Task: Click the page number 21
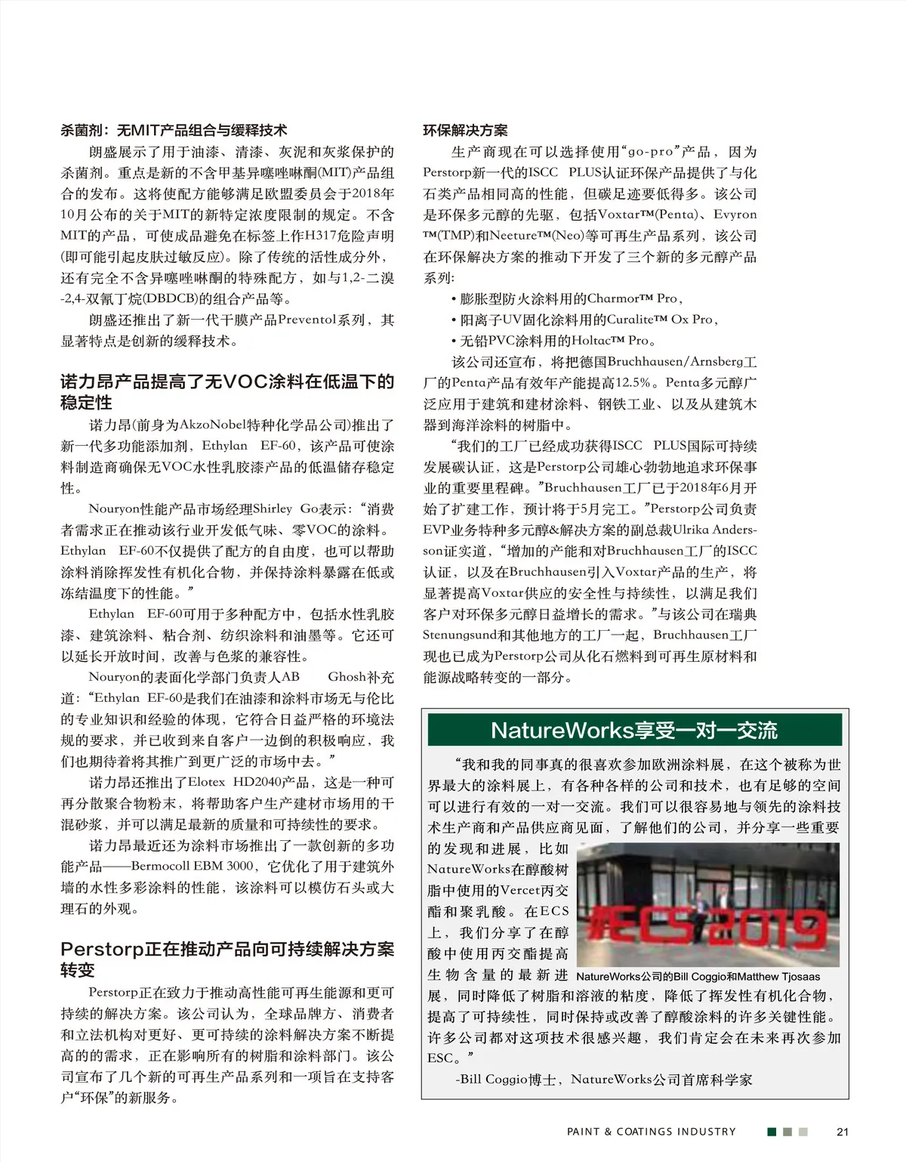pyautogui.click(x=843, y=1131)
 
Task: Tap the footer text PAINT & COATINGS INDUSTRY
pyautogui.click(x=651, y=1131)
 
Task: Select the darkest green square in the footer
pyautogui.click(x=772, y=1131)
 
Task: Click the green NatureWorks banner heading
pyautogui.click(x=634, y=731)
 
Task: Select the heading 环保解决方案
pyautogui.click(x=465, y=131)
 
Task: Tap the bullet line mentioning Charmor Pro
pyautogui.click(x=567, y=298)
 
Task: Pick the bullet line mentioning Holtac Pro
pyautogui.click(x=553, y=341)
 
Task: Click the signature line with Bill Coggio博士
pyautogui.click(x=604, y=1080)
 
